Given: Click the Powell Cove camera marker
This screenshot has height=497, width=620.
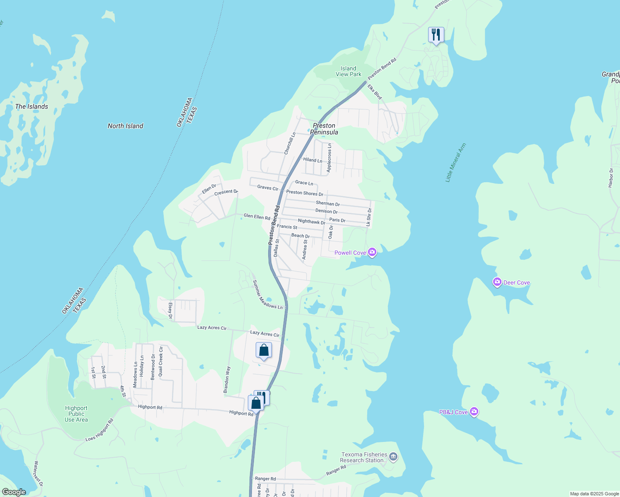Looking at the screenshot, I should (x=372, y=252).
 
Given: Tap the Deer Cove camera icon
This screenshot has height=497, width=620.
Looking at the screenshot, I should (x=497, y=282).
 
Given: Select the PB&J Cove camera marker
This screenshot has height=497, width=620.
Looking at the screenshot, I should (x=475, y=412).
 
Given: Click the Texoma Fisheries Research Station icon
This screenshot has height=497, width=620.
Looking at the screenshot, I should (x=393, y=457).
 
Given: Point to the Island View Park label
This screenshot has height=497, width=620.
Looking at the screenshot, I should (x=348, y=71).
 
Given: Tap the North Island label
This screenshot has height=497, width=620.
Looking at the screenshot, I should (x=125, y=126).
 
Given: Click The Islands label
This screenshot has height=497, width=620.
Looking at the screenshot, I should (x=31, y=106).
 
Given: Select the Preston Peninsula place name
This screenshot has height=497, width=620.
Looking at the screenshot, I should (x=324, y=129).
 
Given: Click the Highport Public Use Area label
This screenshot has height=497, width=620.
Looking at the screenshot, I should (x=76, y=414).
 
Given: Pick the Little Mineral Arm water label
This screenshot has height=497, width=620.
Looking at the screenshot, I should (x=455, y=163).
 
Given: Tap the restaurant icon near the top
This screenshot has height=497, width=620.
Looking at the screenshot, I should (x=436, y=34).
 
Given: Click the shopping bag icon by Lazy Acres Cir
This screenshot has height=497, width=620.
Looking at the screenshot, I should (x=264, y=350).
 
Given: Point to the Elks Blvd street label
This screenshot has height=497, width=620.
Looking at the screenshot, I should (x=375, y=92).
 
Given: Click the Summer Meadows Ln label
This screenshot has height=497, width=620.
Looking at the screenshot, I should (x=267, y=294).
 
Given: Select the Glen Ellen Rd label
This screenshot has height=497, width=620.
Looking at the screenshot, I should (x=257, y=216).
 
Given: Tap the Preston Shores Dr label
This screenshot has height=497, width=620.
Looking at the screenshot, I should (x=305, y=193).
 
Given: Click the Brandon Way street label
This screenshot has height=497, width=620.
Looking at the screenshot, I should (x=227, y=380).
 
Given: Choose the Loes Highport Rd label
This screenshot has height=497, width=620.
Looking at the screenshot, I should (x=99, y=430).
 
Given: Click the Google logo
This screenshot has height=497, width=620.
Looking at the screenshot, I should (x=14, y=492).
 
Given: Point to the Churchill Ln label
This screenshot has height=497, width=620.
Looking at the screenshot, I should (x=290, y=143).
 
